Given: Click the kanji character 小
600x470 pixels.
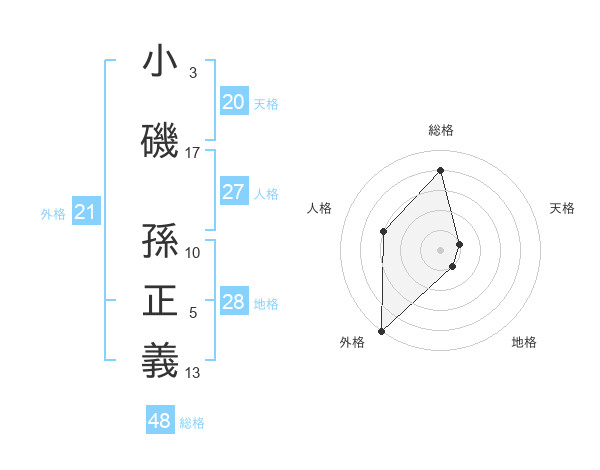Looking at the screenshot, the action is click(x=161, y=62).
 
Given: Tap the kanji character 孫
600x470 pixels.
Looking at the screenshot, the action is click(x=161, y=239).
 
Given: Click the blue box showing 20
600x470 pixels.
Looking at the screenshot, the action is click(x=233, y=102).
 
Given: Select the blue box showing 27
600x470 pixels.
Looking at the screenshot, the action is click(x=233, y=192).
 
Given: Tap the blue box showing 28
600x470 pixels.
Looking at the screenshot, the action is click(x=233, y=302).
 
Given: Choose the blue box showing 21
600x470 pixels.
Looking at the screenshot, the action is click(x=85, y=212).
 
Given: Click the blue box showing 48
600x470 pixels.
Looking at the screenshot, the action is click(x=160, y=421).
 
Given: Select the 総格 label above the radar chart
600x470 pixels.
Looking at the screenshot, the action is click(x=441, y=130).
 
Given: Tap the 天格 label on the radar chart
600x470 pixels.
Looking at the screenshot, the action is click(x=562, y=208).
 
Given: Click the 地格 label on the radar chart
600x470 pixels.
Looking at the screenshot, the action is click(x=524, y=342).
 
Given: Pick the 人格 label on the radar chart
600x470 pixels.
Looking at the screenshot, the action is click(x=319, y=208).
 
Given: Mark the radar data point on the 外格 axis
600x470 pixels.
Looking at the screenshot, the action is click(x=381, y=330).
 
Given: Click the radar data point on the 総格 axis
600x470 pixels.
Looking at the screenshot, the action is click(x=441, y=170).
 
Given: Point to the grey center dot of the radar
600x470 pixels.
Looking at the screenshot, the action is click(x=441, y=249).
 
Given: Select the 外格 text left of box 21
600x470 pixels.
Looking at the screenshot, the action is click(x=53, y=213).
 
